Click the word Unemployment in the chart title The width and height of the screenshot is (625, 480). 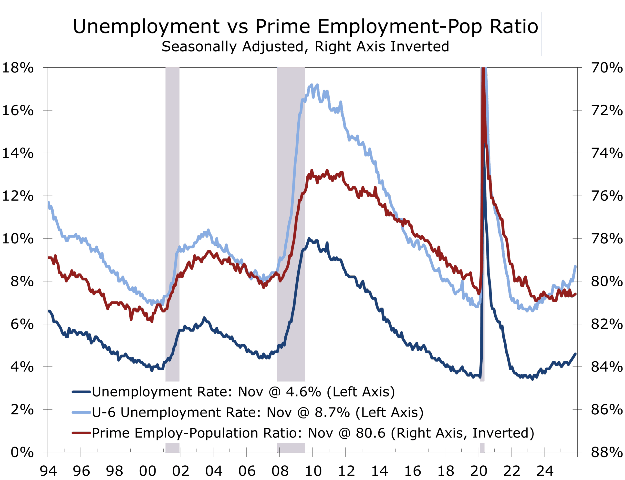[x=146, y=27]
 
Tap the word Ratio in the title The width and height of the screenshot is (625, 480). [x=514, y=26]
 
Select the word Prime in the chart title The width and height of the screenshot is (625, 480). [x=282, y=26]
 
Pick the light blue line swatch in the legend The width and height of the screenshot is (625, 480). [x=81, y=412]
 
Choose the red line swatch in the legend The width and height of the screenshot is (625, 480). [x=81, y=433]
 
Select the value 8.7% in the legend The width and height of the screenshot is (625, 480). [x=332, y=412]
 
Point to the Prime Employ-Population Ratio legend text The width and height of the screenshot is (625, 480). [x=197, y=433]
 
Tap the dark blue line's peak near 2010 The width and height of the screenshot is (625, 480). [x=309, y=238]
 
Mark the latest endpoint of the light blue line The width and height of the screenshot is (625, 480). [x=575, y=266]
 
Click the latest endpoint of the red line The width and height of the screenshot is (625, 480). [x=575, y=294]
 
